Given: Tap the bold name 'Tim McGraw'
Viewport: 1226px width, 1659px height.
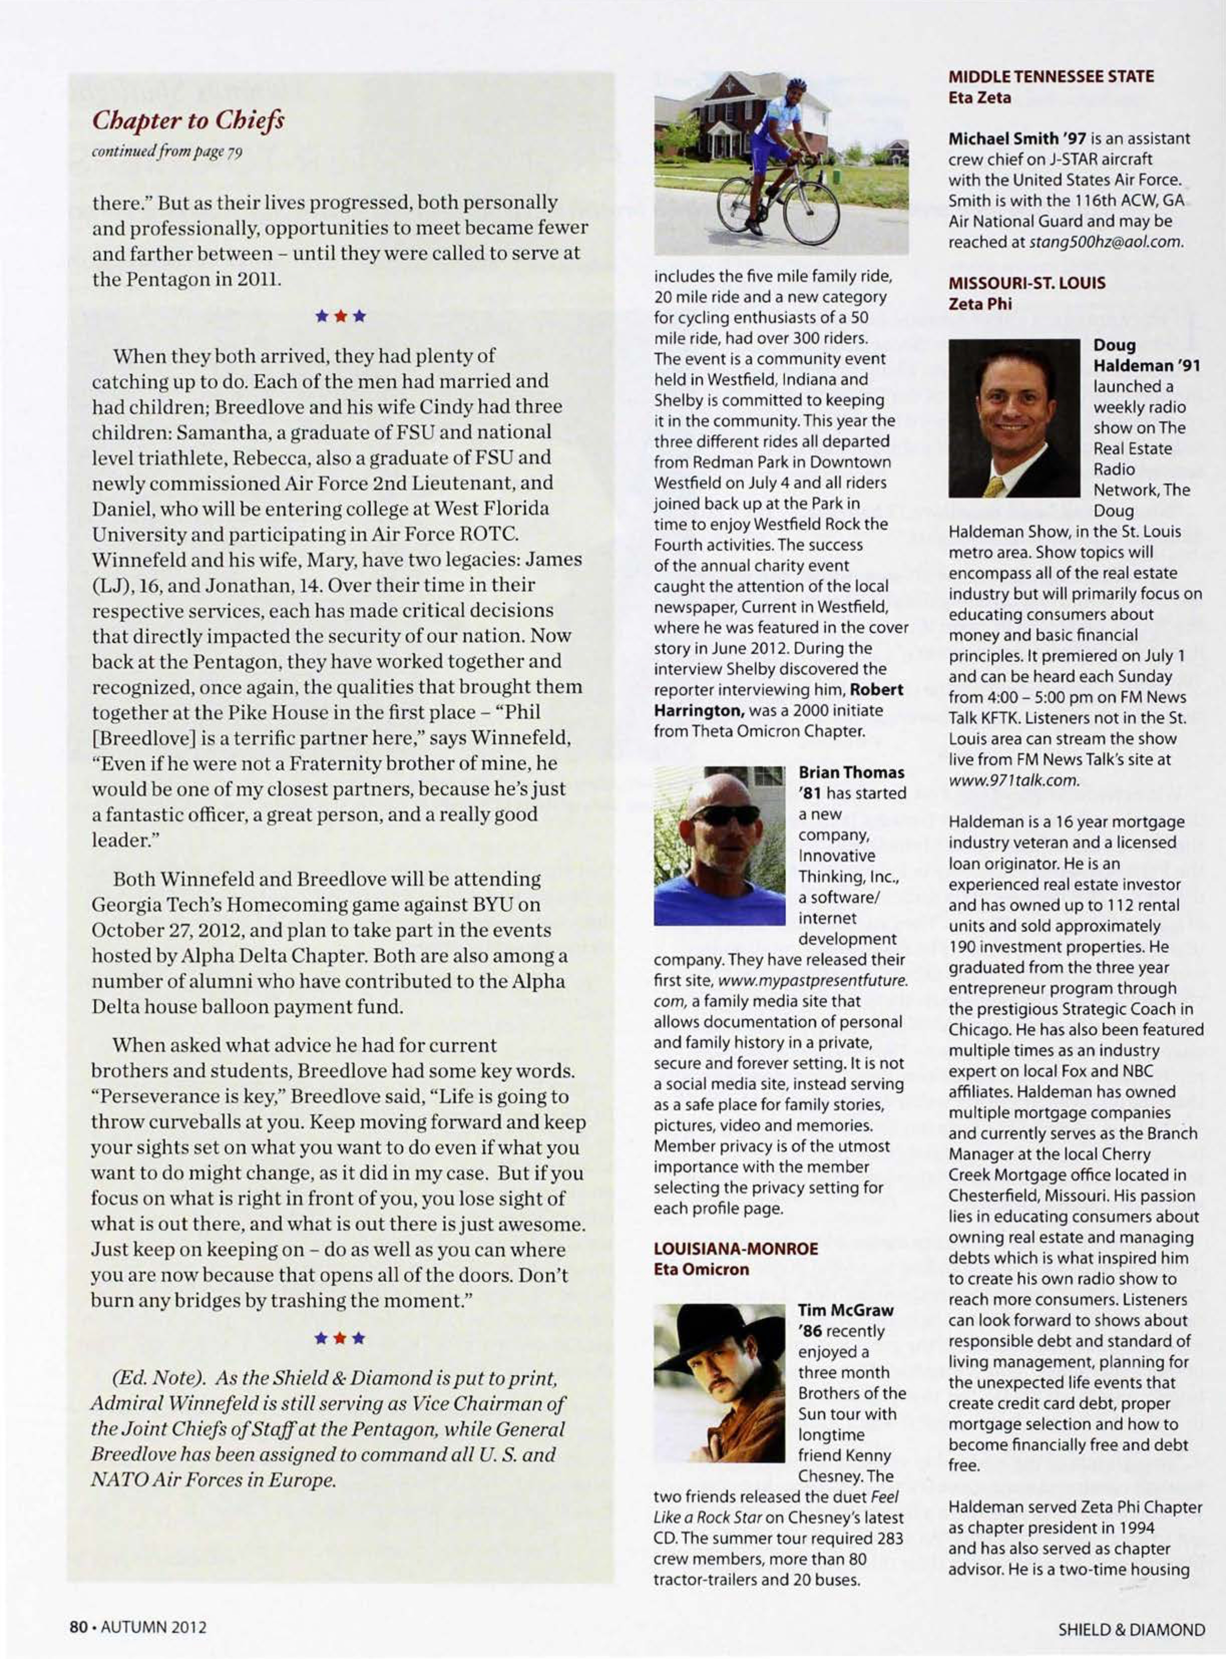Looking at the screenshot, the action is pos(845,1310).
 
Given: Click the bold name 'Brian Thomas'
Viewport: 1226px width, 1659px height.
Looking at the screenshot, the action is pos(851,773).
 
